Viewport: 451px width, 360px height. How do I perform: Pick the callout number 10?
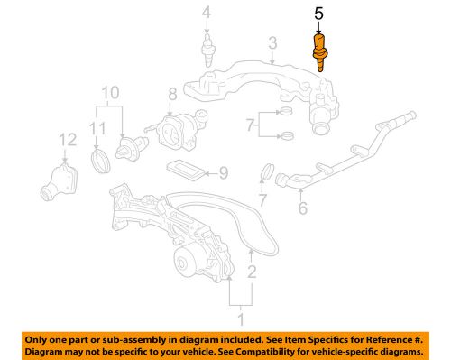(x=109, y=92)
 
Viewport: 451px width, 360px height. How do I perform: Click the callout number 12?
(x=64, y=139)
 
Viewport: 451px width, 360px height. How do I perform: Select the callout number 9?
(x=224, y=171)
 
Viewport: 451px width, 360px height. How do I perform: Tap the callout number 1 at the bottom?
(x=240, y=318)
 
